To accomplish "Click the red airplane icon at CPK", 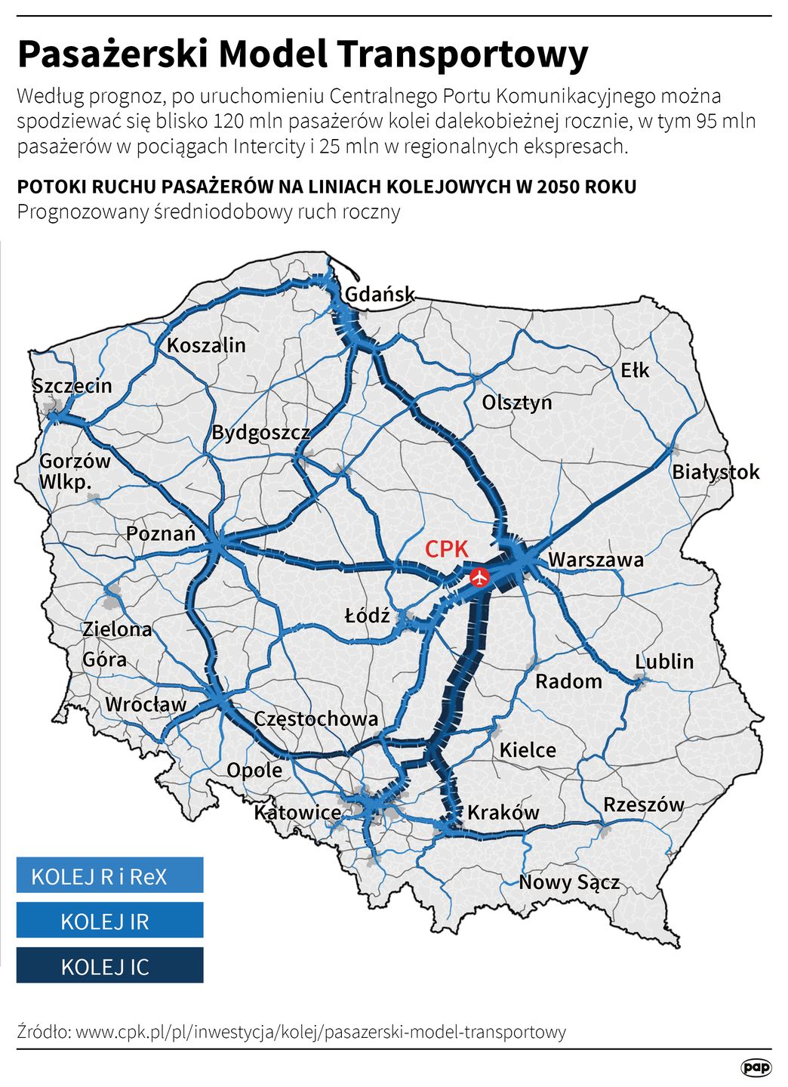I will click(x=479, y=578).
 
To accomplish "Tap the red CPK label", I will click(x=446, y=549).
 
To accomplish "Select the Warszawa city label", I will click(x=596, y=560).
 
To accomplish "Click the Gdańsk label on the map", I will click(x=380, y=294).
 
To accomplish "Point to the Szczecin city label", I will click(x=72, y=385).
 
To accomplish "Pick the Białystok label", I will click(x=716, y=472).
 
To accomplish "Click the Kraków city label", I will click(x=503, y=812).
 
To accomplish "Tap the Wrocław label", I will click(x=146, y=704).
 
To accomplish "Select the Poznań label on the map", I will click(x=161, y=533).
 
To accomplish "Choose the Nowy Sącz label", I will click(x=569, y=882).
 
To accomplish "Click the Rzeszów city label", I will click(x=643, y=804).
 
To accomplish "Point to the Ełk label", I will click(x=635, y=370).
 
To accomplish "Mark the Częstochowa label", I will click(x=316, y=718).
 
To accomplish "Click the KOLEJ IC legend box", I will click(x=109, y=965).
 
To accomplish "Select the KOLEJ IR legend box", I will click(x=109, y=920).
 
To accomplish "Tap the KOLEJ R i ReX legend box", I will click(x=109, y=875).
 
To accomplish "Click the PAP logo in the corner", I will click(x=756, y=1066).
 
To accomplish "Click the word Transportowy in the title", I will click(x=463, y=54).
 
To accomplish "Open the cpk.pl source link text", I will click(x=320, y=1031).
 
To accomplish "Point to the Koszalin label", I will click(x=206, y=345).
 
